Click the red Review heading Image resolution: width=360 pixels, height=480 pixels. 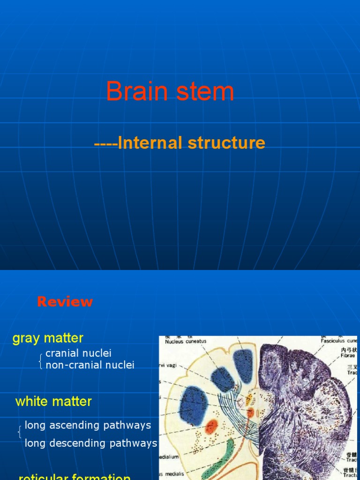(x=65, y=302)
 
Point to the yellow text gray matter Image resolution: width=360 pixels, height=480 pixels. (x=48, y=338)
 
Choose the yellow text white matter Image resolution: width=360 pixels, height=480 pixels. (x=53, y=402)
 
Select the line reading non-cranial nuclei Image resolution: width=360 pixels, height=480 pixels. (x=90, y=365)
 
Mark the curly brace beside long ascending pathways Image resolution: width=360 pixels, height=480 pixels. (x=19, y=432)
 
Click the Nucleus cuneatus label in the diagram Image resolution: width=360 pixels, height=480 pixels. (x=185, y=341)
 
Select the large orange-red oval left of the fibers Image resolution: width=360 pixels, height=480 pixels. (x=212, y=426)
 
